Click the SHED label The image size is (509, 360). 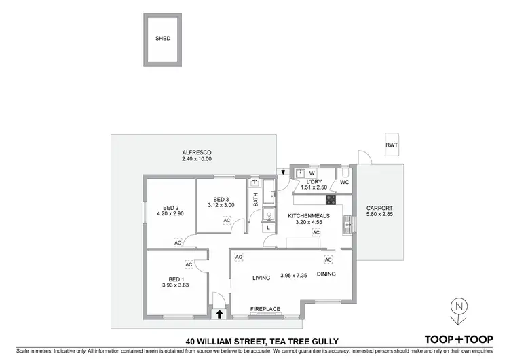pyautogui.click(x=163, y=39)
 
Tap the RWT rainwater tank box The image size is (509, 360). pyautogui.click(x=392, y=145)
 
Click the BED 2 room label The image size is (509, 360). pyautogui.click(x=170, y=208)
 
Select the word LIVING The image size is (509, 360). pyautogui.click(x=262, y=277)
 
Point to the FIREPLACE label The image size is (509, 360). pyautogui.click(x=265, y=309)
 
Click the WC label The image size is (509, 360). pyautogui.click(x=344, y=183)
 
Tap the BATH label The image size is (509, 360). pyautogui.click(x=256, y=200)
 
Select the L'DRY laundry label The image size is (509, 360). pyautogui.click(x=314, y=182)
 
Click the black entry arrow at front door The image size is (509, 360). pyautogui.click(x=219, y=314)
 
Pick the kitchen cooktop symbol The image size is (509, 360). pyautogui.click(x=333, y=200)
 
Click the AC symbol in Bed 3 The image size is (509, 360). pyautogui.click(x=227, y=220)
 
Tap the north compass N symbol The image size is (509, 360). pyautogui.click(x=459, y=306)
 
